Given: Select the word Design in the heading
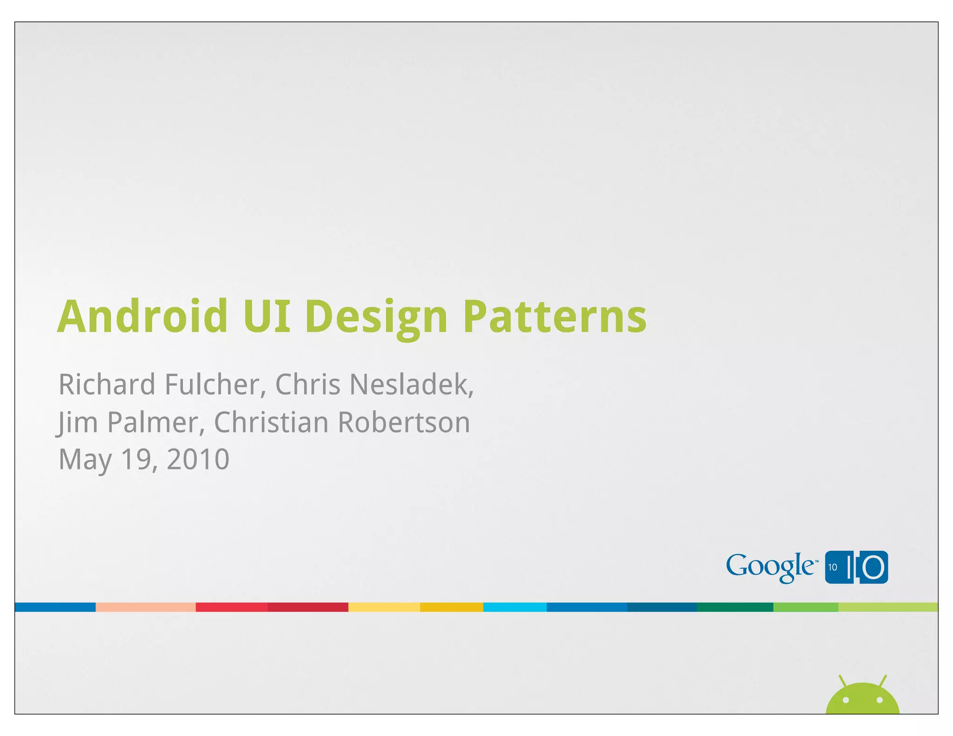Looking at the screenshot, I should [376, 317].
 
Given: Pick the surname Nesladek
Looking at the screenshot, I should [411, 385].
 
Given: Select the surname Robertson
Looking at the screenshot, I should [403, 422].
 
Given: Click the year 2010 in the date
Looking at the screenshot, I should [198, 459].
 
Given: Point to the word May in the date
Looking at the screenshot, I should [85, 460].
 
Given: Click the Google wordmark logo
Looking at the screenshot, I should [771, 567].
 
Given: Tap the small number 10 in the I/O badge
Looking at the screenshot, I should [832, 567].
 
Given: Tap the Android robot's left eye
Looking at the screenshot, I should [846, 700].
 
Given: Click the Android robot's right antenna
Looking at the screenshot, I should [882, 681].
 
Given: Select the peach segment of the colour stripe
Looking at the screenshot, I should [145, 607].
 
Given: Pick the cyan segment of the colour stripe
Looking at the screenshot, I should [515, 607].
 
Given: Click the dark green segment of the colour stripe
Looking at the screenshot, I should [735, 607].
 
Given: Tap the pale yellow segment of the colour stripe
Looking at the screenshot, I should [384, 607].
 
